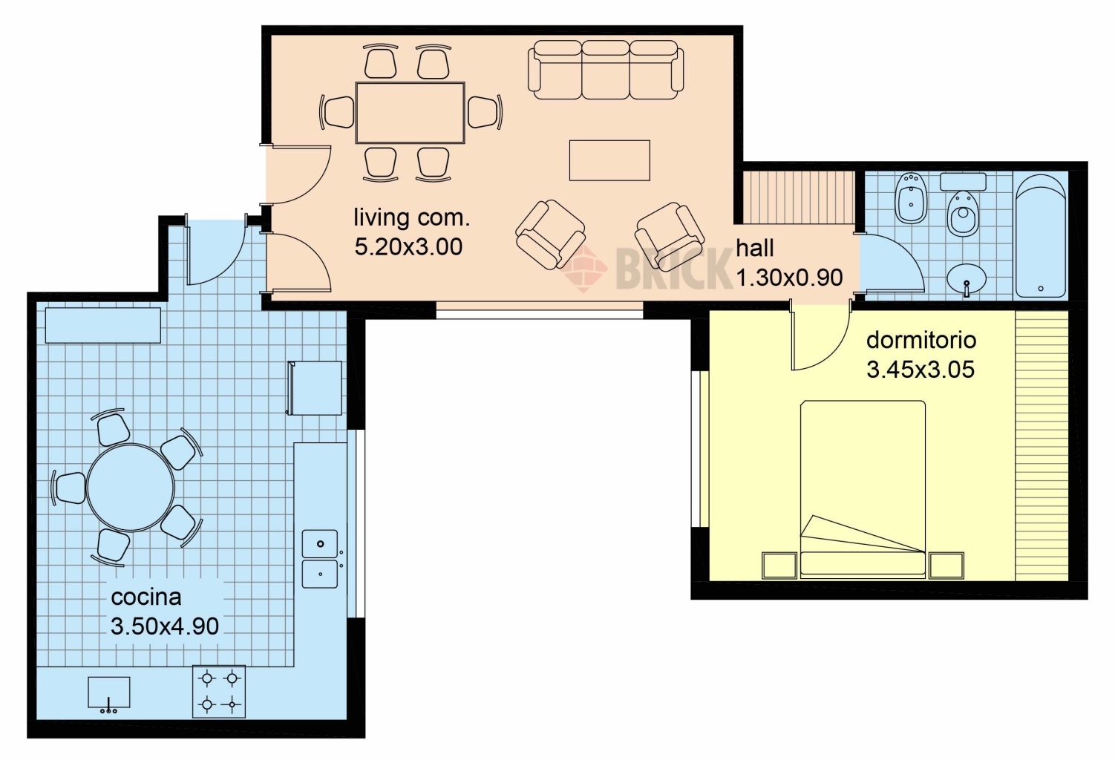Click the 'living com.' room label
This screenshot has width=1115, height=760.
[x=412, y=218]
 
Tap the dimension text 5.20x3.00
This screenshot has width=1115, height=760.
[x=408, y=247]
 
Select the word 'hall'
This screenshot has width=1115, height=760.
[x=755, y=248]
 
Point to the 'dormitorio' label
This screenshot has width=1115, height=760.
[x=921, y=341]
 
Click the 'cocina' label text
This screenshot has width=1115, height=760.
[x=145, y=597]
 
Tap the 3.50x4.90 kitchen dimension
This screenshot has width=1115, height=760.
[x=164, y=626]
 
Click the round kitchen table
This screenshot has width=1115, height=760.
[x=131, y=488]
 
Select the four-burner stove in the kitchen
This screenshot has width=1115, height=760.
[x=219, y=692]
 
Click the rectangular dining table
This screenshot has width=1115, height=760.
[x=411, y=113]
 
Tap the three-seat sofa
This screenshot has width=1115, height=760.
[x=606, y=70]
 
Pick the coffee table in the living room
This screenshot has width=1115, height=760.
[x=609, y=160]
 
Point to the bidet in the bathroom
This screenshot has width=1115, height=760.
[x=911, y=198]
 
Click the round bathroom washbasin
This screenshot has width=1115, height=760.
[x=967, y=280]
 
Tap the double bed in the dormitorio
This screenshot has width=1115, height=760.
[x=863, y=489]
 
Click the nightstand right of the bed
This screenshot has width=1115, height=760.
[x=946, y=566]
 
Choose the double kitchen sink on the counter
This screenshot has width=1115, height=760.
[x=319, y=559]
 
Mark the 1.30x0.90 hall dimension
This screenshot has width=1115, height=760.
[x=789, y=278]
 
